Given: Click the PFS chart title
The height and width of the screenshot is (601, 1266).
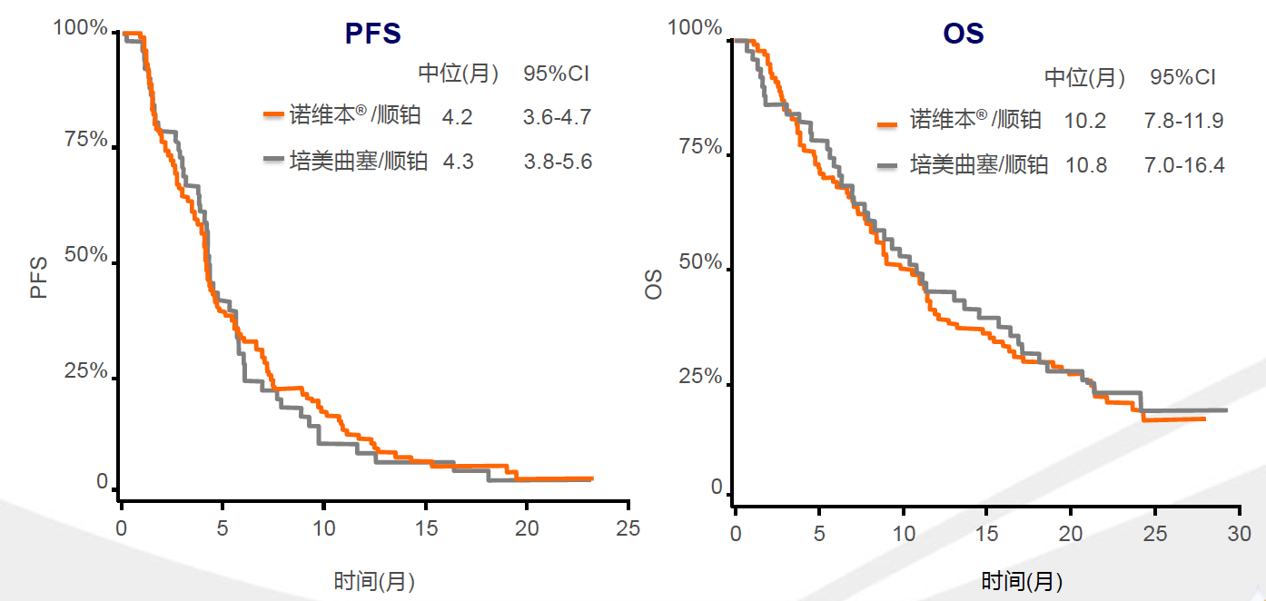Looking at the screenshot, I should pos(372,34).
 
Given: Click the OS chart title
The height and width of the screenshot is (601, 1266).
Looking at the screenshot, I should pos(963,34).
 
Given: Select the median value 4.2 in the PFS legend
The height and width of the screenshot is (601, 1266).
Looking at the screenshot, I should pos(458,117).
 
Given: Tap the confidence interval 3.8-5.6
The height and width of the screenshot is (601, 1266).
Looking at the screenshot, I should pos(558,162).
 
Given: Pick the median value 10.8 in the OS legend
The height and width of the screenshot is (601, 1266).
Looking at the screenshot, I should pos(1085,166).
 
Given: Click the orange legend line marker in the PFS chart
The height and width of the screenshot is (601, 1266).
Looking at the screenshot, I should pos(274,115).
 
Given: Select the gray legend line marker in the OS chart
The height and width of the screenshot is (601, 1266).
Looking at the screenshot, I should pos(890,165).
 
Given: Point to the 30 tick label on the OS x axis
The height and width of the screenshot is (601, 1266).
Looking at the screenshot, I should pos(1239,534).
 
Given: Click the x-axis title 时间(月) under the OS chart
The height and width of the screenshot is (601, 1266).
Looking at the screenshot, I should pos(1022,581).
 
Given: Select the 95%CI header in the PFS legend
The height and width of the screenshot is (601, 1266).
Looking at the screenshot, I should pos(556,74).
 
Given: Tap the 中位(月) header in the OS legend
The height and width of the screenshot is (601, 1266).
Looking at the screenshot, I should pos(1084,78).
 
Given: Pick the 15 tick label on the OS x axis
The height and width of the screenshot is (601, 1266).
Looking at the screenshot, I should pos(987,534).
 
